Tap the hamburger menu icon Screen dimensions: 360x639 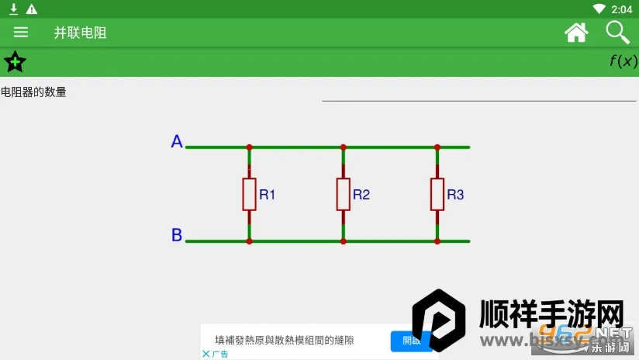click(x=21, y=32)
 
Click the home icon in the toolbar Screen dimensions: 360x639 click(x=576, y=32)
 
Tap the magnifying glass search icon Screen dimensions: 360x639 click(x=617, y=32)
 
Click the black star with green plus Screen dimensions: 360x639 click(x=15, y=61)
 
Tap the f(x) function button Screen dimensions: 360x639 click(x=623, y=61)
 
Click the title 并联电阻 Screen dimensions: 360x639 click(x=80, y=33)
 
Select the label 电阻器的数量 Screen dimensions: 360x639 click(x=34, y=92)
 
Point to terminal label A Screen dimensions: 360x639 click(x=177, y=142)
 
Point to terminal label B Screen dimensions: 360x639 click(x=177, y=235)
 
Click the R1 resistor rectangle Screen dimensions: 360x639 click(x=249, y=194)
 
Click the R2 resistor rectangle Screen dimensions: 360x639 click(x=343, y=194)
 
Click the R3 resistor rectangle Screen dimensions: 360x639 click(x=437, y=194)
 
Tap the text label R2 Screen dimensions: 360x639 click(x=361, y=195)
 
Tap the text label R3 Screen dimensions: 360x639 click(x=455, y=195)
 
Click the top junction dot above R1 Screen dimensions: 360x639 click(x=249, y=147)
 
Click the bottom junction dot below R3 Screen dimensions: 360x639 click(x=437, y=241)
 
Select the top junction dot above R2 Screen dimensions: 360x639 click(x=343, y=147)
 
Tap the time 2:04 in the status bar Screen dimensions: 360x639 click(x=622, y=9)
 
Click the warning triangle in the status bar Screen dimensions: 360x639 click(x=31, y=9)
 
